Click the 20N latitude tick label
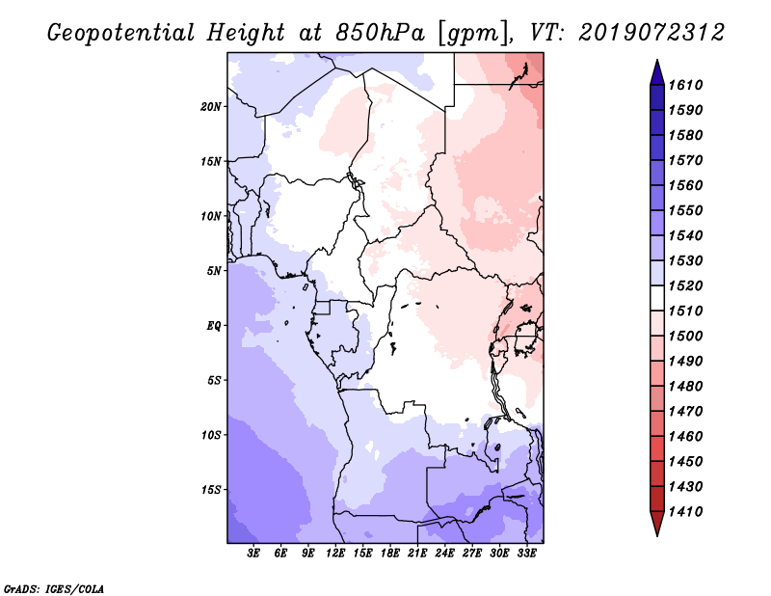click(211, 107)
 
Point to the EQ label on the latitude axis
click(214, 326)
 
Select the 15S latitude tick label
click(211, 490)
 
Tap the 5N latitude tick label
click(214, 271)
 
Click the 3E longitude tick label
click(253, 554)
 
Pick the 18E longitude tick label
click(390, 554)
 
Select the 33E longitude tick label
click(526, 554)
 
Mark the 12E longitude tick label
click(335, 554)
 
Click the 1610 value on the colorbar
click(685, 85)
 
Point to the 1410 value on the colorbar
click(685, 512)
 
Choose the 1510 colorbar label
click(685, 312)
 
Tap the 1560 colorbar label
click(685, 185)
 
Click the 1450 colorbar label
click(685, 462)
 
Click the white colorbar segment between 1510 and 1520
click(657, 298)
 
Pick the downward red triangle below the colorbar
click(657, 523)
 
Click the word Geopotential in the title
click(121, 34)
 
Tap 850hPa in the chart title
click(380, 33)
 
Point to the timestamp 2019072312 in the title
click(651, 33)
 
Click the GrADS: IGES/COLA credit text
click(54, 588)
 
